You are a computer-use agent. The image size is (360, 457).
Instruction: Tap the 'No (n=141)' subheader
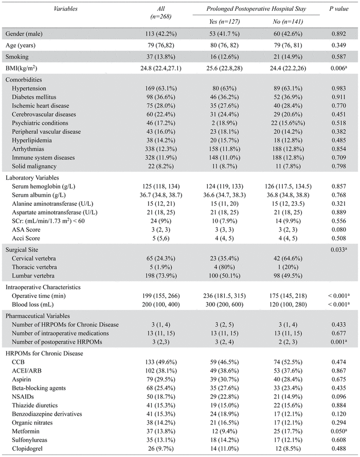(x=285, y=22)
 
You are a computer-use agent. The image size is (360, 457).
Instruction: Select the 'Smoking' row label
(x=17, y=57)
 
